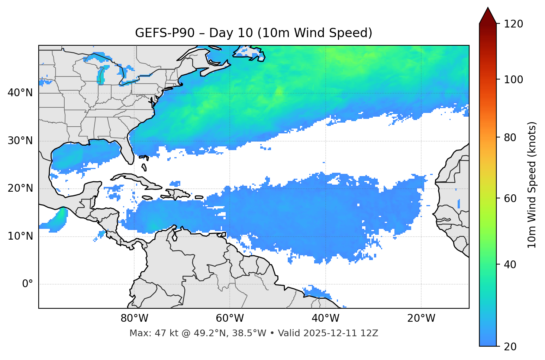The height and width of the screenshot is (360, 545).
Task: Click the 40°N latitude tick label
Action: tap(20, 93)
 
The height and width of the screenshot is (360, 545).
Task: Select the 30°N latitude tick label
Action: tap(20, 141)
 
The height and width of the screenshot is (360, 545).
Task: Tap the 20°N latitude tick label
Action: tap(20, 188)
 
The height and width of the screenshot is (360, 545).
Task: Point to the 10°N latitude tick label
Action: tap(20, 236)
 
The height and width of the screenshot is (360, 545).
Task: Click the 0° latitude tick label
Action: tap(28, 284)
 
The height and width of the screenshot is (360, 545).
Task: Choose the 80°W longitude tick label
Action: tap(134, 318)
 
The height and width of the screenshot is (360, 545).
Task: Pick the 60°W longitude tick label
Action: tap(230, 318)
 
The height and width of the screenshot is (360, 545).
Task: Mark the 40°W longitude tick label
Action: tap(325, 318)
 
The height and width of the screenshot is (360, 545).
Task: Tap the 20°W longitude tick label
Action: tap(421, 318)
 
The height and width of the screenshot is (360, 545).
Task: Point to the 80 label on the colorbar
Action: tap(510, 137)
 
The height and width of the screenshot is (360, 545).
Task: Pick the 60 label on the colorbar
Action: tap(510, 198)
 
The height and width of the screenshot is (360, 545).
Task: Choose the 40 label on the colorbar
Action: tap(510, 265)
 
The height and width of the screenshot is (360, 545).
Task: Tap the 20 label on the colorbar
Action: tap(510, 347)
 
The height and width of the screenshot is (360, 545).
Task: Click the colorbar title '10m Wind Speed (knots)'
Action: tap(532, 185)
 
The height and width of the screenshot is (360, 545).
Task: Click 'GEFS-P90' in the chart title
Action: tap(165, 33)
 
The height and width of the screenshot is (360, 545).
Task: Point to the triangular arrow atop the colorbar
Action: tap(488, 16)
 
